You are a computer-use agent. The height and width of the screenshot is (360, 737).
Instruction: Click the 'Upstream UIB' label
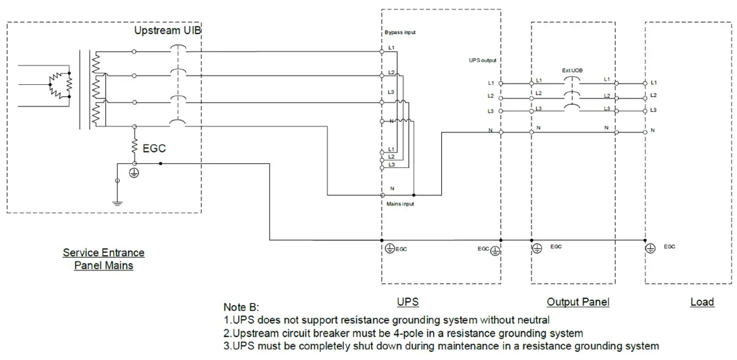click(167, 31)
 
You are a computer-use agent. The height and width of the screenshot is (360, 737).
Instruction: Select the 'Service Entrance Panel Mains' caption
click(104, 259)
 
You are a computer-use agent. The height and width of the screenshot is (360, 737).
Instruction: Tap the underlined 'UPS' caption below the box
click(408, 302)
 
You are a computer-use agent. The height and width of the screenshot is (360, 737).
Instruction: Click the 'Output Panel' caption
click(578, 302)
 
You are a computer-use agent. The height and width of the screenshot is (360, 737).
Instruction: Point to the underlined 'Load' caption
click(702, 302)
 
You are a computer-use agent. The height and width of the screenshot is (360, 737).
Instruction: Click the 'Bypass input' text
click(400, 32)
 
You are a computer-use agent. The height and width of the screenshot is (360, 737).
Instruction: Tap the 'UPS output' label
click(483, 60)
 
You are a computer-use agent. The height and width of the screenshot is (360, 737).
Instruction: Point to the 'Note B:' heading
click(245, 306)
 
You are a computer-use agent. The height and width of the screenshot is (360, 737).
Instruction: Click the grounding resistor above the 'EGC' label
click(135, 144)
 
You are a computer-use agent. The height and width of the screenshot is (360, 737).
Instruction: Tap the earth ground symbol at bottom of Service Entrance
click(118, 201)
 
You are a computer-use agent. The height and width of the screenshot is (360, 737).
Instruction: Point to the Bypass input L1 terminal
click(382, 51)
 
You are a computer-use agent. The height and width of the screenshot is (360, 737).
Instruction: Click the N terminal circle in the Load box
click(645, 132)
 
